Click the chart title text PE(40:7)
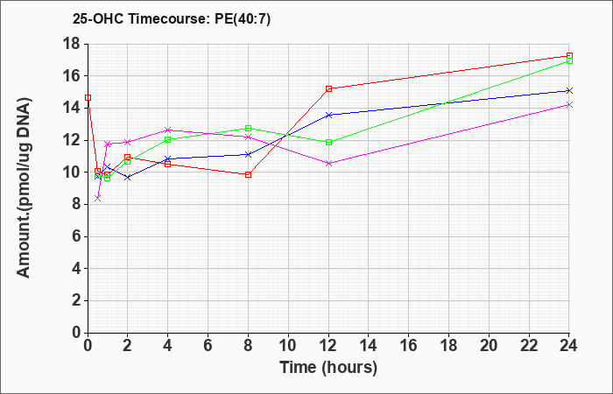pos(243,19)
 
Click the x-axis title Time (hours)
pos(328,368)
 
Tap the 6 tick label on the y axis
pos(75,236)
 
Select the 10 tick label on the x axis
pos(288,346)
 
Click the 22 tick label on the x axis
pos(529,346)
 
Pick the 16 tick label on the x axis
pos(409,346)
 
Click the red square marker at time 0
pos(88,98)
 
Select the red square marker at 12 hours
pos(328,88)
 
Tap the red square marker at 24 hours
pos(569,56)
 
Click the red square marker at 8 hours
pos(248,175)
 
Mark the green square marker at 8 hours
pos(248,128)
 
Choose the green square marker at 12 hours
pos(328,142)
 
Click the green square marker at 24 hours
pos(569,61)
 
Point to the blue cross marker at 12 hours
pos(328,115)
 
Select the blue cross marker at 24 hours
pos(569,91)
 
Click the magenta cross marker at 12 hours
pos(328,164)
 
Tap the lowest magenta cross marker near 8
pos(98,198)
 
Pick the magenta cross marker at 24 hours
pos(569,105)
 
